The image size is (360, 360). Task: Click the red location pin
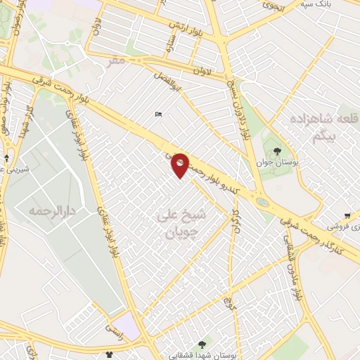tap(180, 165)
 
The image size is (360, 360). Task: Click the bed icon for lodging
tap(158, 115)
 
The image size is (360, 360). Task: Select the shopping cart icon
tap(347, 216)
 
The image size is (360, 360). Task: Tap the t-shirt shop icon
tap(108, 354)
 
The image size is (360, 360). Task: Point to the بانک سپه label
tap(315, 4)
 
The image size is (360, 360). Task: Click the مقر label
tap(116, 62)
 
